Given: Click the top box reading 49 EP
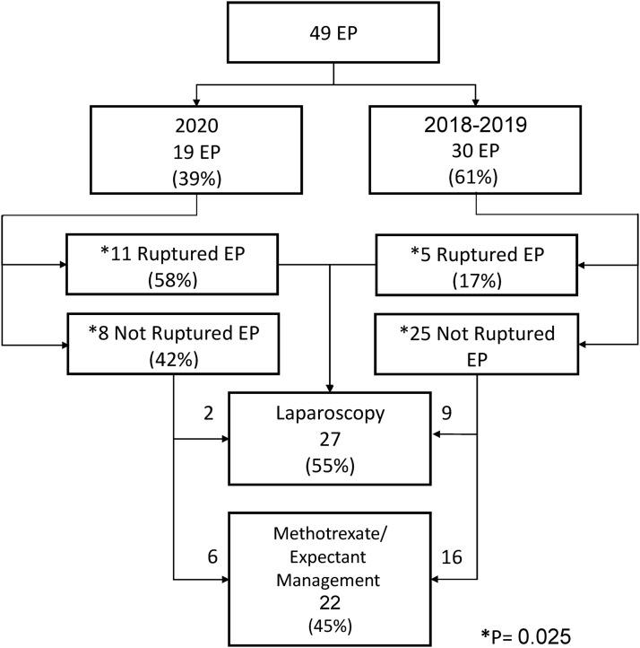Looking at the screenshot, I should (334, 38).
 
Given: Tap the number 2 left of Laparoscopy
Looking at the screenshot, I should (208, 414).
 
